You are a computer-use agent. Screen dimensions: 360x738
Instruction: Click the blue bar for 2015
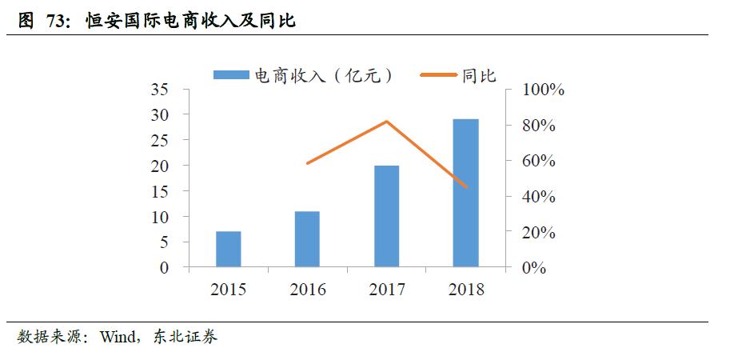coord(228,249)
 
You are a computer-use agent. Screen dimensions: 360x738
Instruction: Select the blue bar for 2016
coord(307,239)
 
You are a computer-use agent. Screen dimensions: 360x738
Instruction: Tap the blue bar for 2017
coord(386,216)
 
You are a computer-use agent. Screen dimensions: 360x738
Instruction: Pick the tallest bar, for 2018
coord(465,193)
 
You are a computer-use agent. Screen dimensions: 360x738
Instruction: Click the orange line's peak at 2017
coord(387,122)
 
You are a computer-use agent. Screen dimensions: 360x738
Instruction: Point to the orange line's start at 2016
coord(308,163)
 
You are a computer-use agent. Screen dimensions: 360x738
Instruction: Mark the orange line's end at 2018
coord(465,187)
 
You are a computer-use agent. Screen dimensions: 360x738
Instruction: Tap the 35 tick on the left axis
coord(160,90)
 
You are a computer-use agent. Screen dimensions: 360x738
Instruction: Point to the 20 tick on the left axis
coord(160,166)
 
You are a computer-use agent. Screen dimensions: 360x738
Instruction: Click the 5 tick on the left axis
coord(165,242)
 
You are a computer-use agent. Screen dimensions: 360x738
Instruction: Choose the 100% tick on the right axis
coord(543,90)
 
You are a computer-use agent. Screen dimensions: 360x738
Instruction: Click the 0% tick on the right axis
coord(534,268)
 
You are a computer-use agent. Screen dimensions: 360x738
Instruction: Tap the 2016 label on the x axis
coord(308,290)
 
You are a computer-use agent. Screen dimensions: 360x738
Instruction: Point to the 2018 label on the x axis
coord(465,290)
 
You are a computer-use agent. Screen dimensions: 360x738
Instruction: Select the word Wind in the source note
coord(118,337)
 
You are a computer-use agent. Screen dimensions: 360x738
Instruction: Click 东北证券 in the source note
coord(188,337)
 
